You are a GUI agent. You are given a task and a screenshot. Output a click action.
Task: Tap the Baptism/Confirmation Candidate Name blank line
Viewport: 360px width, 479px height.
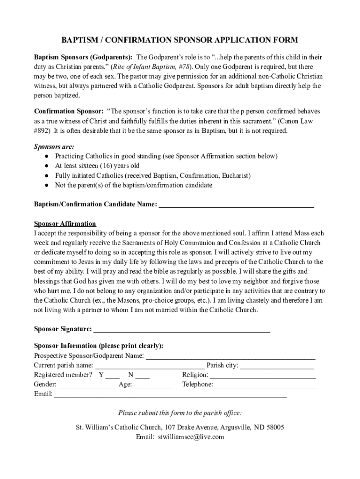pos(237,206)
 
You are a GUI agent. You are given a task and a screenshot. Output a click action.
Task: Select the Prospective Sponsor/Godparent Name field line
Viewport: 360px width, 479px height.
pos(230,357)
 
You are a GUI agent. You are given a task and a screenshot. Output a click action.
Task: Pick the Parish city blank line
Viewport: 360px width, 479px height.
pos(277,367)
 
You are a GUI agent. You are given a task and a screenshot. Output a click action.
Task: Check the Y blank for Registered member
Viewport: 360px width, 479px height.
pos(113,377)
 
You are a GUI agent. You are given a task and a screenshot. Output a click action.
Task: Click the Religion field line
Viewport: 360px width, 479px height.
pos(263,377)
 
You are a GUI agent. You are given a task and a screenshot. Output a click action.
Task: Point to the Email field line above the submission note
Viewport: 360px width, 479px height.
pos(171,396)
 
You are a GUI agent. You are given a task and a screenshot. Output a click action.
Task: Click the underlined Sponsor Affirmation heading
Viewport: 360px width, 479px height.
pos(65,224)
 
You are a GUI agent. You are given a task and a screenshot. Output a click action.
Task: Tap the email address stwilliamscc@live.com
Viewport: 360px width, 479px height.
pos(191,437)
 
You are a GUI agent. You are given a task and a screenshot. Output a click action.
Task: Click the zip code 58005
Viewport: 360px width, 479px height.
pos(274,428)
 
